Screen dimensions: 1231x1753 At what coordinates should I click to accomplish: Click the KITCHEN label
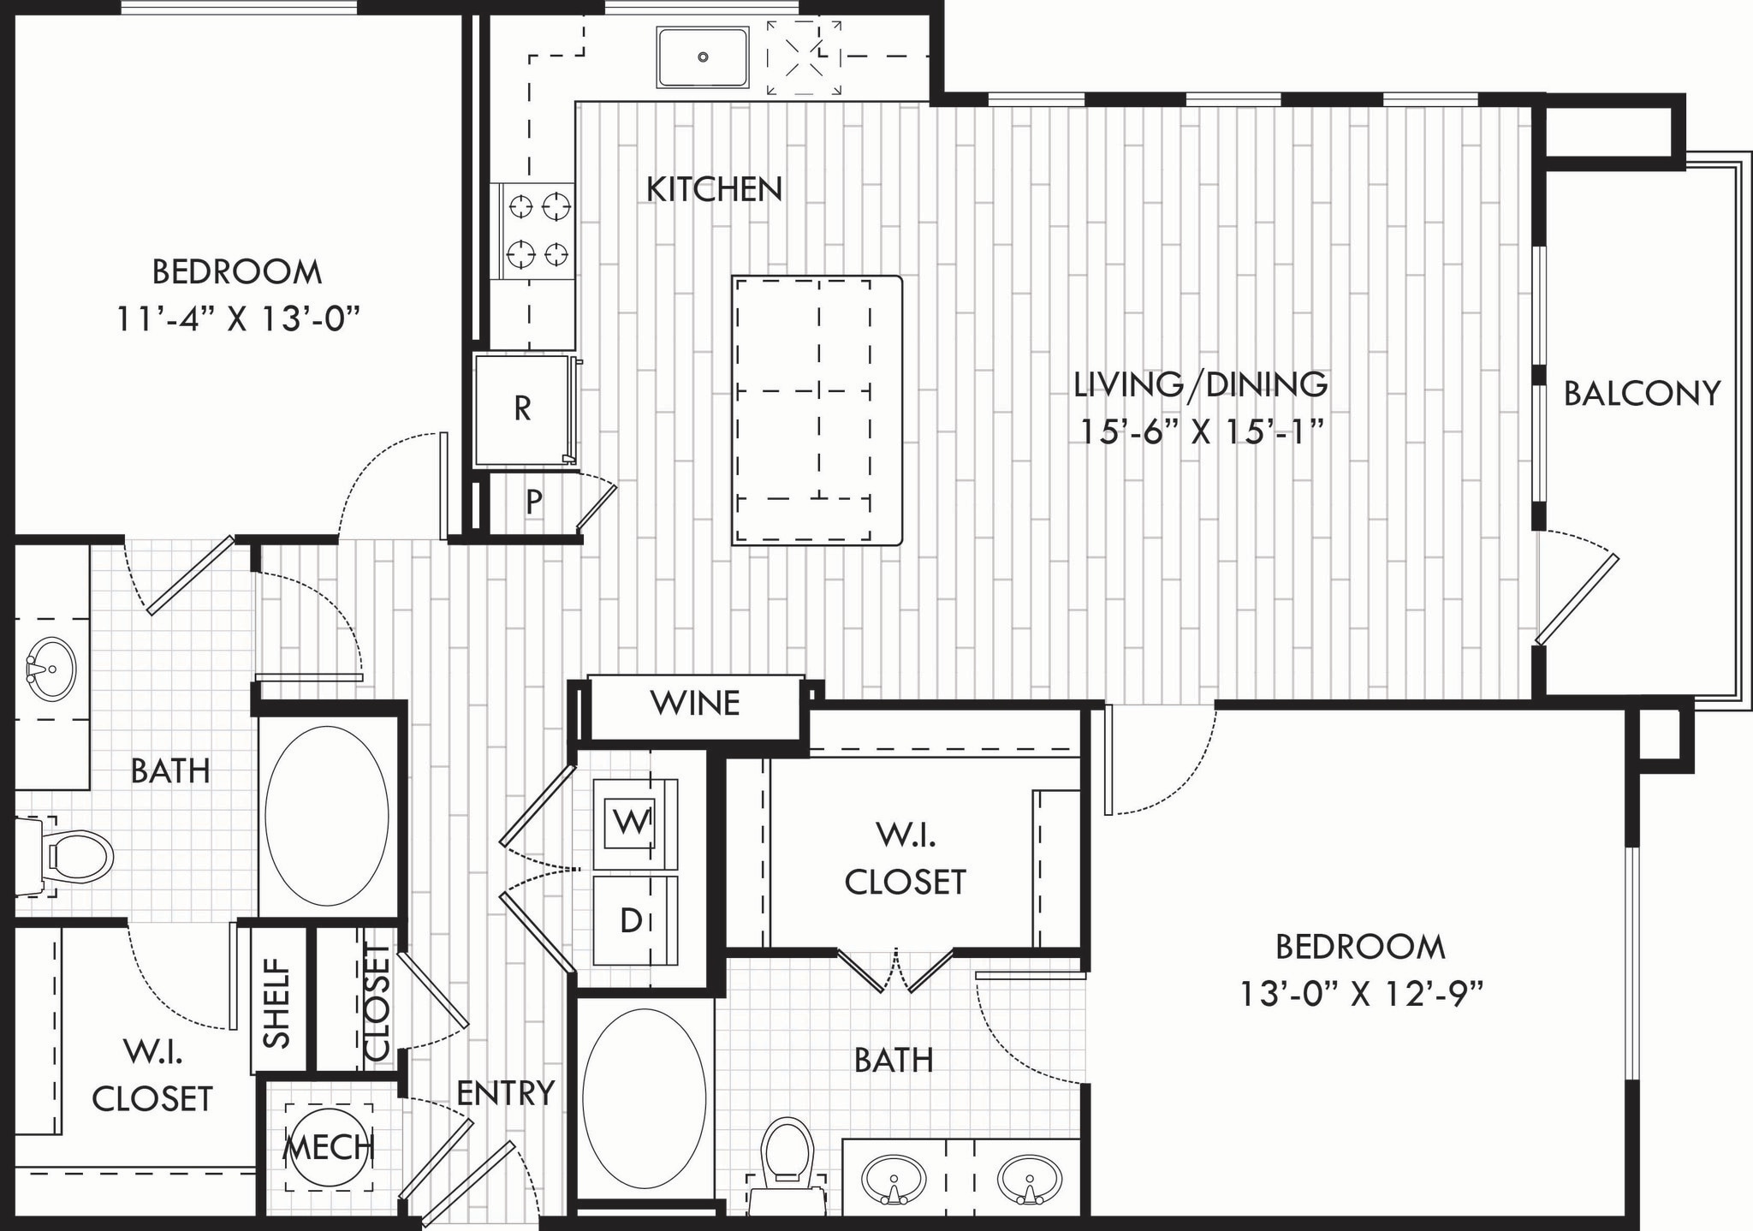pos(714,189)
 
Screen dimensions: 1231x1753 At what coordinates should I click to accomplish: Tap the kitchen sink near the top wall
pos(703,57)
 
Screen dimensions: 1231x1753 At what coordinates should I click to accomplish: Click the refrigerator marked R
pos(522,409)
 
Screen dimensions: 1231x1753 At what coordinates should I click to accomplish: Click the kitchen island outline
pos(817,411)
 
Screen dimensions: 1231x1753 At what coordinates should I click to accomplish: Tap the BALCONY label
pos(1642,394)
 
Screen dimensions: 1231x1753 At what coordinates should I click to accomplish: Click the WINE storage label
pos(695,704)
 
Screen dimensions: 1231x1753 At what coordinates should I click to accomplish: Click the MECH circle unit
pos(329,1146)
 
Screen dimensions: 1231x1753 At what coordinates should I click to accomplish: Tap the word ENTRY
pos(505,1093)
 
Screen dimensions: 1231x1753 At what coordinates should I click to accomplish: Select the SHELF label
pos(277,1002)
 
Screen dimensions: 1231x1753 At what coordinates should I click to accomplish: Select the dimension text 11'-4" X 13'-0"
pos(237,320)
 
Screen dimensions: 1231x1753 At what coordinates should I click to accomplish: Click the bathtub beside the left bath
pos(327,816)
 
